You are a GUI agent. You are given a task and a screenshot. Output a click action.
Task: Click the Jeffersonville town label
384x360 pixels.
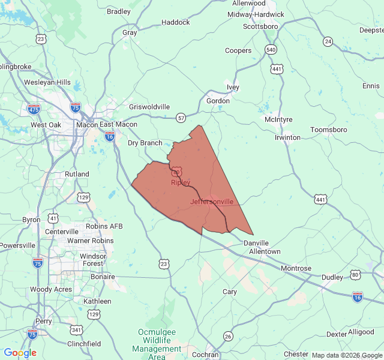pos(212,202)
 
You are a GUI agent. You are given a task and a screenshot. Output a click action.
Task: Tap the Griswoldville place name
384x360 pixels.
pos(149,107)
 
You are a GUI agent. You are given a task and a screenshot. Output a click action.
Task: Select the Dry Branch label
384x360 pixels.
pos(145,143)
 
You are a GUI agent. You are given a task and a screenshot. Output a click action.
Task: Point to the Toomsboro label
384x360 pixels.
pos(328,130)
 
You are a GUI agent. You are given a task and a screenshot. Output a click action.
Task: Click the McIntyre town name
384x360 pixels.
pos(278,119)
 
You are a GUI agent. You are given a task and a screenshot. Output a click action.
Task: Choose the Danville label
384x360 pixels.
pos(256,242)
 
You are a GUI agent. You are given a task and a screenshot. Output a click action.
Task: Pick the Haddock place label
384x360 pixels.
pos(176,22)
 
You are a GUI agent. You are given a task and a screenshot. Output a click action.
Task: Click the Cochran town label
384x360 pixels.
pos(206,355)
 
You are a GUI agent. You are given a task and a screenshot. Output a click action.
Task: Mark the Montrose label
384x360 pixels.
pos(296,268)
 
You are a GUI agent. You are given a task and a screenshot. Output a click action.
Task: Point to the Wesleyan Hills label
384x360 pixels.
pos(47,82)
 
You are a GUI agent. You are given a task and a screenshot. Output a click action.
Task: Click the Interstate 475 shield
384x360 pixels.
pos(34,109)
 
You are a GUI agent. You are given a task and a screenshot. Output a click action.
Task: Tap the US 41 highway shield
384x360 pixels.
pos(54,218)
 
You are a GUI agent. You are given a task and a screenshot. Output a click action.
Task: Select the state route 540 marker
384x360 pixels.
pos(271,49)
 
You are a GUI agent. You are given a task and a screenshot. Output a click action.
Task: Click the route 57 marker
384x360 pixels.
pos(181,118)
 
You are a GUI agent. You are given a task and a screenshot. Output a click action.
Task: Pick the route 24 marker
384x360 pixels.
pos(328,41)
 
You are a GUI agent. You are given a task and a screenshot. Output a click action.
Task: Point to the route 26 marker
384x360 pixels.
pos(228,335)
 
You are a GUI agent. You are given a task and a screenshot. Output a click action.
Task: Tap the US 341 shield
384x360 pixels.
pos(76,329)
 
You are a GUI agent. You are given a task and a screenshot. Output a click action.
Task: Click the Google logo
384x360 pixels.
pos(20,353)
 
